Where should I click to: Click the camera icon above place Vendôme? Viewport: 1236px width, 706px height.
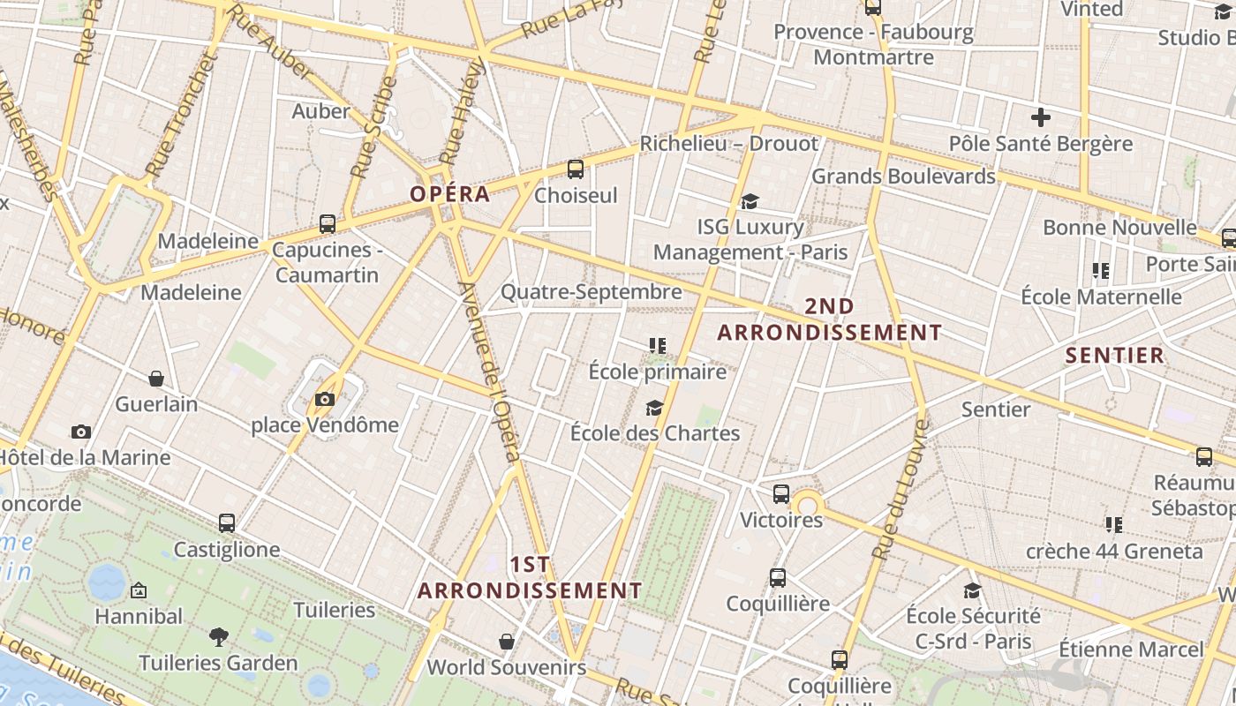click(325, 400)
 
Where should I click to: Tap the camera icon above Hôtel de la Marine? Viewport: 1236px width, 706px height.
click(81, 432)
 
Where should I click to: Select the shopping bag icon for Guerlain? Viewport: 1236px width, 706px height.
click(156, 379)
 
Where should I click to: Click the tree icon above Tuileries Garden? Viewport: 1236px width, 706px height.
click(218, 636)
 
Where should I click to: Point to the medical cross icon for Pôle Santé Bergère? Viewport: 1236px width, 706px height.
click(1041, 116)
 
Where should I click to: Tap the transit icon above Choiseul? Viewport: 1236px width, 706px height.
click(576, 169)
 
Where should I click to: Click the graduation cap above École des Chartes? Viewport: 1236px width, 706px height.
click(654, 407)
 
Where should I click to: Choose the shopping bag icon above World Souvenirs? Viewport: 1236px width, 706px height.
click(507, 641)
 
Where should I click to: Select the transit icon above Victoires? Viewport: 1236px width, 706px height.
click(781, 493)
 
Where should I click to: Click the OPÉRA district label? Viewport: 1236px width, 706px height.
click(449, 194)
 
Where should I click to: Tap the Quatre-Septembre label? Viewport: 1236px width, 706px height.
click(592, 291)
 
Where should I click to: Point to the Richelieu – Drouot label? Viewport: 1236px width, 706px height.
click(729, 143)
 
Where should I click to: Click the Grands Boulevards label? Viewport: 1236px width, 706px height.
click(903, 176)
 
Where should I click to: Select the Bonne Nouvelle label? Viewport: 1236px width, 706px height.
click(1119, 227)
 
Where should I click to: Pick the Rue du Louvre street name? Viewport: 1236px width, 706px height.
click(900, 490)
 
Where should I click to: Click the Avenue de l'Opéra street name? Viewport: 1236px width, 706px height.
click(490, 371)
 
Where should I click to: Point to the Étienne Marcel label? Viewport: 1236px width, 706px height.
click(1131, 649)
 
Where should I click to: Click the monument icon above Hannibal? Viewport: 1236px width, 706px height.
click(139, 590)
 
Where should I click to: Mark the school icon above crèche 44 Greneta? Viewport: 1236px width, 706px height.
click(1114, 525)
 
